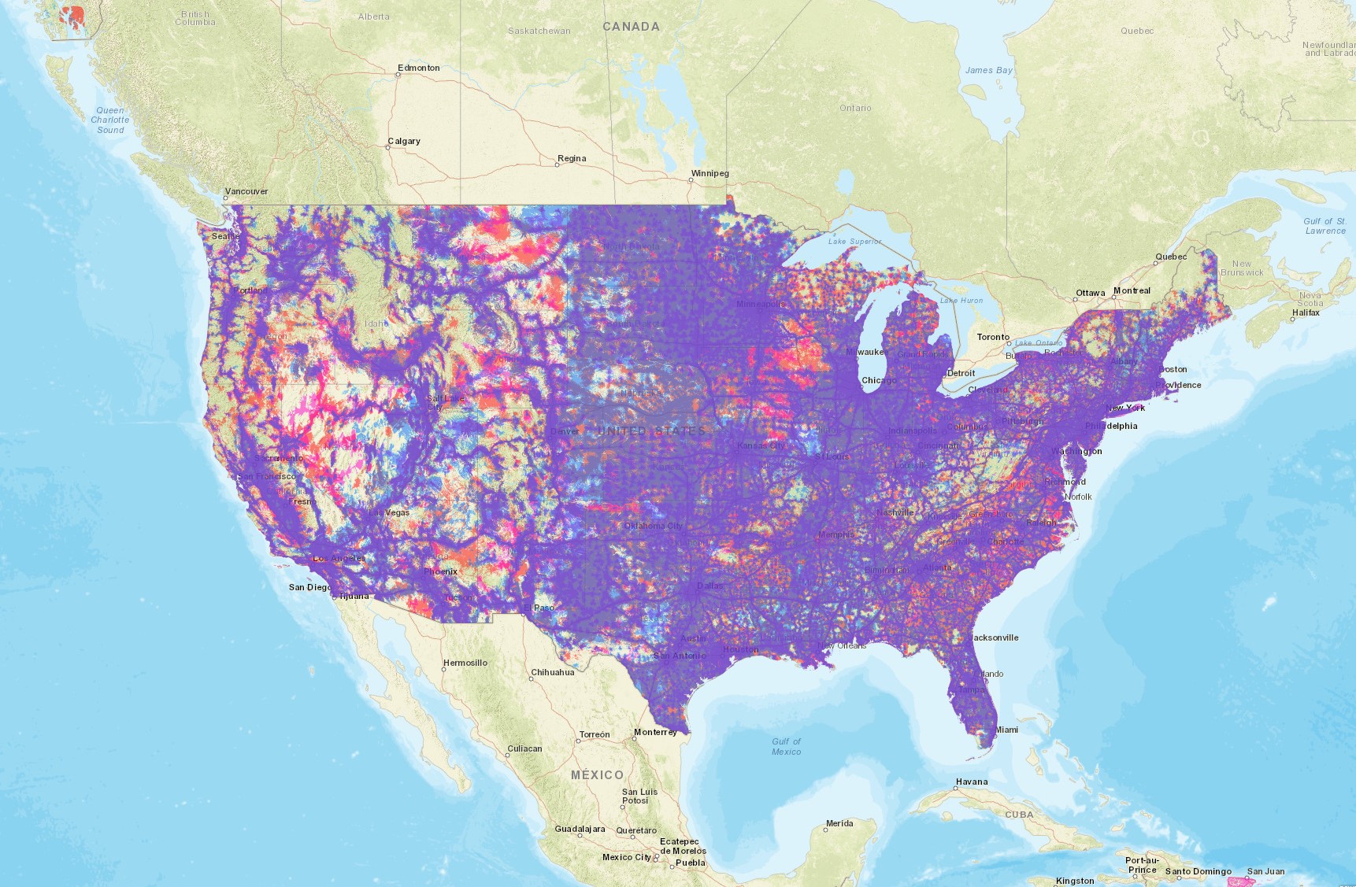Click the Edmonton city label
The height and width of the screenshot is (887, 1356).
418,68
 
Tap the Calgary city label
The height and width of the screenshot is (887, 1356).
404,141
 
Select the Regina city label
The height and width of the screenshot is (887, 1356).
572,158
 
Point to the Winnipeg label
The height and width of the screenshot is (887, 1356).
709,173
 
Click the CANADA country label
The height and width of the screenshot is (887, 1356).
631,27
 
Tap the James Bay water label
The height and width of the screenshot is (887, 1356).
988,70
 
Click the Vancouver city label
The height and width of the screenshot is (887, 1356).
246,191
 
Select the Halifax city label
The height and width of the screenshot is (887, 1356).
1305,312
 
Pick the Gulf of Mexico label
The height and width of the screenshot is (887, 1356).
786,746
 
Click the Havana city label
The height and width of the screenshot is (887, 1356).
971,782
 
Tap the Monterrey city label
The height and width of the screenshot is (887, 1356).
655,732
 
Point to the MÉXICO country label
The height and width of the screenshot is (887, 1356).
597,775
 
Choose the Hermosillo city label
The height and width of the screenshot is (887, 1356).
465,663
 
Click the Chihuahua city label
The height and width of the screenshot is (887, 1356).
552,672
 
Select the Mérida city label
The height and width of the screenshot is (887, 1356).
839,823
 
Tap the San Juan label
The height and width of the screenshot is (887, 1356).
1265,871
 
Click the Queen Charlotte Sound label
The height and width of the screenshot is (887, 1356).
110,120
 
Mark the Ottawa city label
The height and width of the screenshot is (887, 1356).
1090,293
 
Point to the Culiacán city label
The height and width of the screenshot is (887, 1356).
524,748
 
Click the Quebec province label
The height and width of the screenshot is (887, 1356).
1137,31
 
